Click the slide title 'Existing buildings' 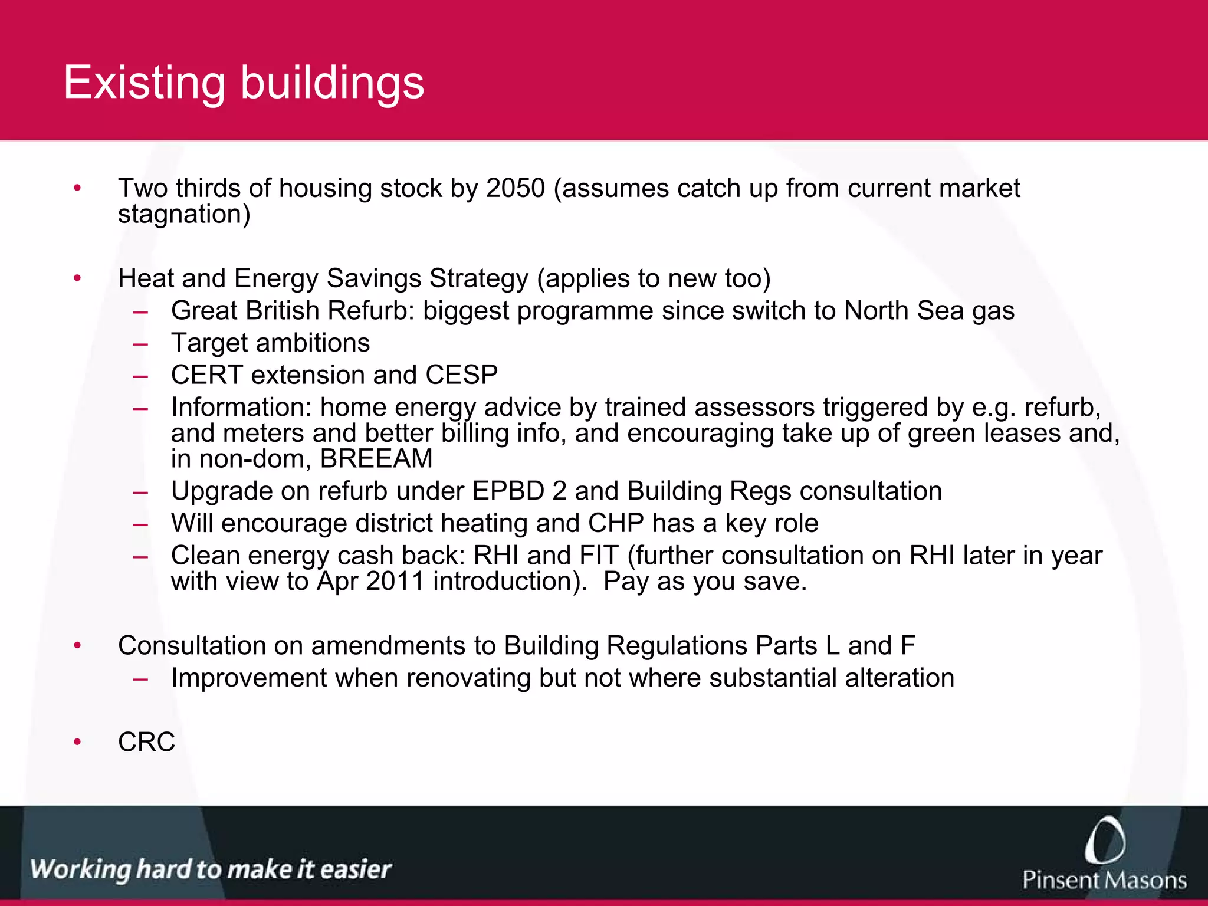[244, 83]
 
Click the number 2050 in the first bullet [516, 189]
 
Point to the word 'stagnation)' [184, 214]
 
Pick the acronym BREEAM [376, 459]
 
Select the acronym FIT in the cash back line [599, 556]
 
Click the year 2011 [395, 582]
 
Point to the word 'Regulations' [677, 646]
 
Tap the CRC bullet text [146, 742]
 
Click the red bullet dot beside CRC [77, 742]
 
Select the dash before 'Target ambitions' [140, 343]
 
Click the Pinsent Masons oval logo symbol [1105, 840]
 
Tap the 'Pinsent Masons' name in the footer [1104, 880]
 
